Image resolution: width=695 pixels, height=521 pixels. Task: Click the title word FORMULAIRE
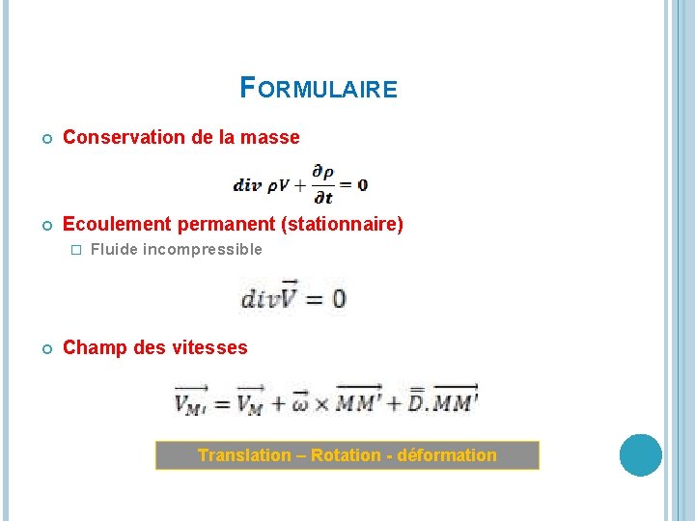click(319, 90)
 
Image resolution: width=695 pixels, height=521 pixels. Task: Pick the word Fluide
click(114, 250)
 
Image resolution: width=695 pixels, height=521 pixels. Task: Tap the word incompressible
click(202, 250)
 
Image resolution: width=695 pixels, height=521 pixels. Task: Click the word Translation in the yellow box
click(244, 455)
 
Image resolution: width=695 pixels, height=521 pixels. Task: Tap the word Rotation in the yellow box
click(347, 455)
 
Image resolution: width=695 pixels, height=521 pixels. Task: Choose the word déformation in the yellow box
click(445, 455)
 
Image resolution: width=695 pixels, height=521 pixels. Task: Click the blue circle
click(640, 455)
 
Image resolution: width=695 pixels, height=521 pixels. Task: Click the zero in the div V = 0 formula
click(338, 300)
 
